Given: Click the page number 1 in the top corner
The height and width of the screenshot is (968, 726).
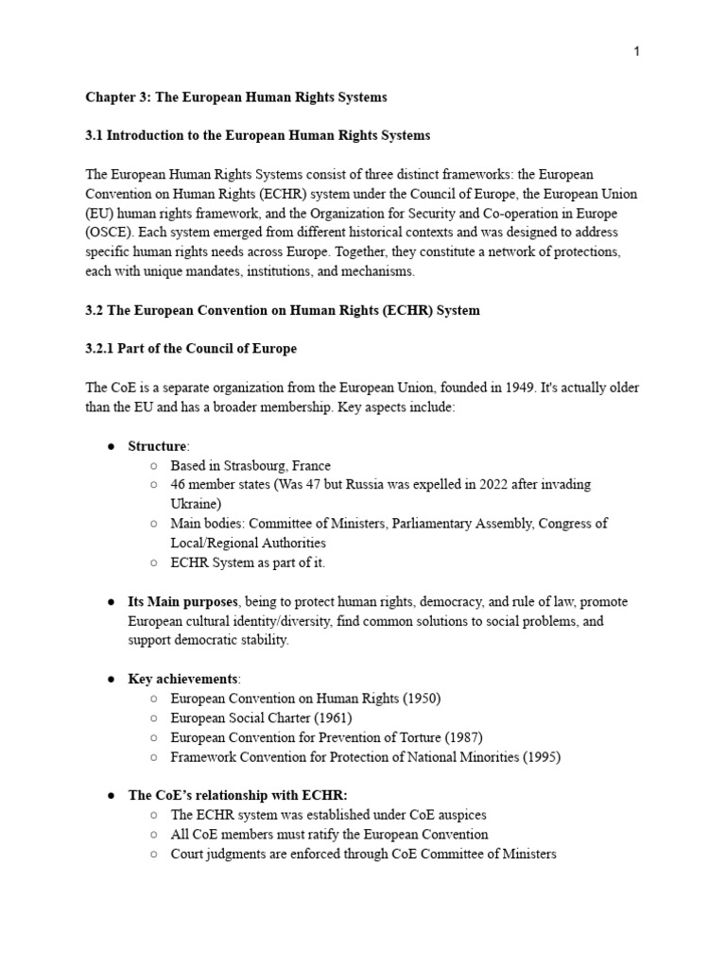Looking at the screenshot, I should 637,51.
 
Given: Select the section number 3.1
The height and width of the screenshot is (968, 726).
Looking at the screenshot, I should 95,136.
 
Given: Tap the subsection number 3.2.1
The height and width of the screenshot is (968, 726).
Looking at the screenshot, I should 102,349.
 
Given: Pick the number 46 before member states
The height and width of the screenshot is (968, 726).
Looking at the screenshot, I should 179,484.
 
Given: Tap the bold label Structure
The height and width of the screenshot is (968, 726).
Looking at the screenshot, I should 158,446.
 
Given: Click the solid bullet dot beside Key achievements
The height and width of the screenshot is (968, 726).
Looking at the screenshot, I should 110,680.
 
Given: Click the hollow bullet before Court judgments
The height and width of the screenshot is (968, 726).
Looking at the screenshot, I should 153,855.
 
